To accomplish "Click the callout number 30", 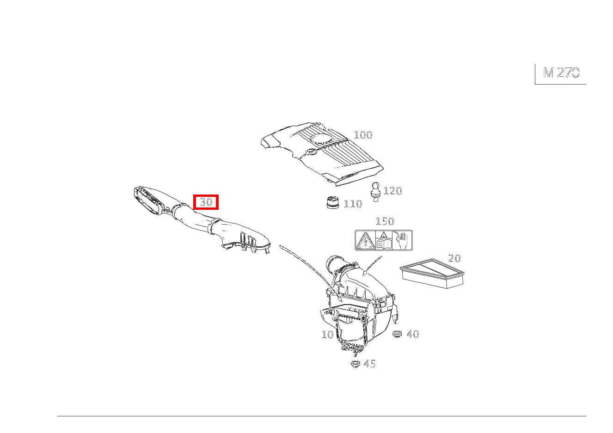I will tap(206, 202).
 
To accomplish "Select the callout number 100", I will tap(363, 135).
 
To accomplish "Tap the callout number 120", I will tap(392, 190).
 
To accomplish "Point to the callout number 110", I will tap(353, 204).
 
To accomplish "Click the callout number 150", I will tap(385, 221).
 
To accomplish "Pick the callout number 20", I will tap(454, 258).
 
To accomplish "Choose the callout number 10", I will tap(327, 334).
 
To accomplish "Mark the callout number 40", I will tap(412, 334).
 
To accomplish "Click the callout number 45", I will tap(369, 364).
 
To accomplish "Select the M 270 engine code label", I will tap(561, 73).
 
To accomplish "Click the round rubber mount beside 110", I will tap(332, 202).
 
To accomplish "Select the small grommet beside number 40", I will tap(397, 334).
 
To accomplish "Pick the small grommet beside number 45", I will tap(355, 364).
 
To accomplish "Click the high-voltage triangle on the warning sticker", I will tap(365, 240).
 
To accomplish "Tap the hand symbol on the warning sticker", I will tap(402, 240).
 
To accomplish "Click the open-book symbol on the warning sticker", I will tap(384, 242).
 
